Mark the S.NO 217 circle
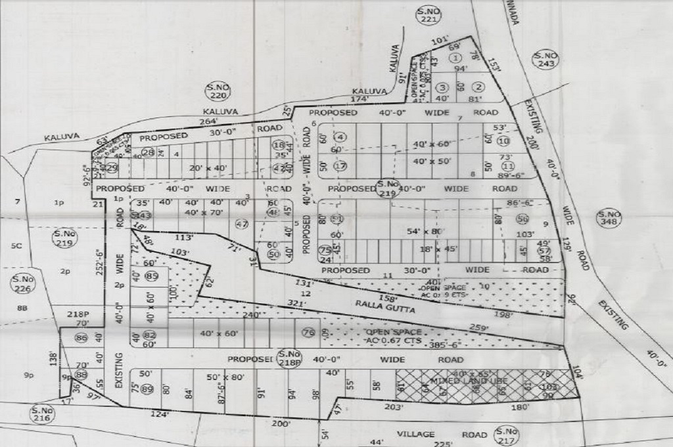508,435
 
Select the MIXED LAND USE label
454,381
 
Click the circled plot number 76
308,333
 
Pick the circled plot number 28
148,153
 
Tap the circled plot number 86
81,338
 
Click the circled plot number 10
504,141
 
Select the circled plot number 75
324,250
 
